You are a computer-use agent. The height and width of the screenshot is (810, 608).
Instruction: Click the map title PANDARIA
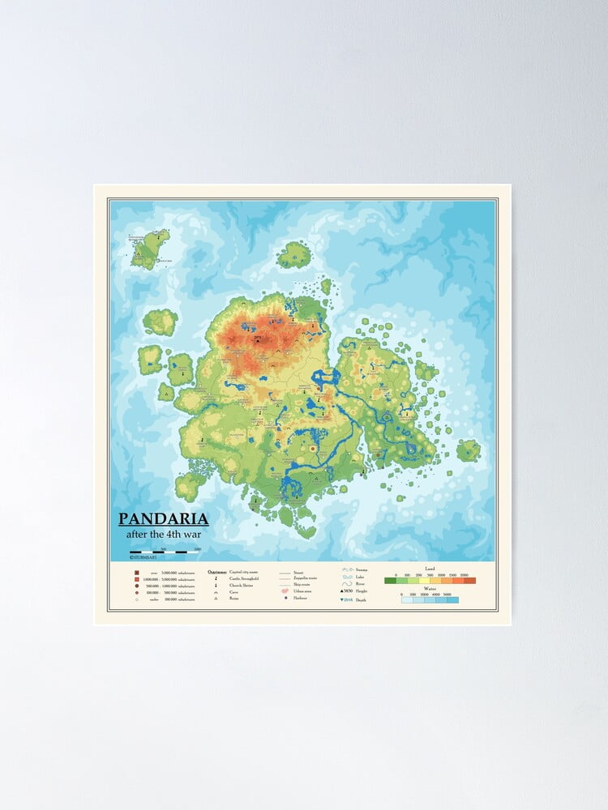tap(164, 519)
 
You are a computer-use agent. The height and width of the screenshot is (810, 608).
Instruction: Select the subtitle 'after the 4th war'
tap(164, 535)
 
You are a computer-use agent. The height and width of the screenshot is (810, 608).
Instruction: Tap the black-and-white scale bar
tap(165, 552)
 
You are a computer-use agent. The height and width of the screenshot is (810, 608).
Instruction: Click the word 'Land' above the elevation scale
tap(430, 569)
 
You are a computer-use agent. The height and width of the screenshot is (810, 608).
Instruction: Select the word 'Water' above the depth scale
tap(430, 590)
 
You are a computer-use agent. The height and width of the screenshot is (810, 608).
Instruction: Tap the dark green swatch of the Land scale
tap(390, 580)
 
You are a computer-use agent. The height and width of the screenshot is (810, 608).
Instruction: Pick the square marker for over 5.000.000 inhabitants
tap(137, 573)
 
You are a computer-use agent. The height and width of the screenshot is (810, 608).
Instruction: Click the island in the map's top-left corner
tap(149, 248)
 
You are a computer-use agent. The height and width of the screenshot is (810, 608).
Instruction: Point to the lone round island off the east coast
tap(468, 450)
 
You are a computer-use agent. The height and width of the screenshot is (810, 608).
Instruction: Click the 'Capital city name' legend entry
tap(245, 572)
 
